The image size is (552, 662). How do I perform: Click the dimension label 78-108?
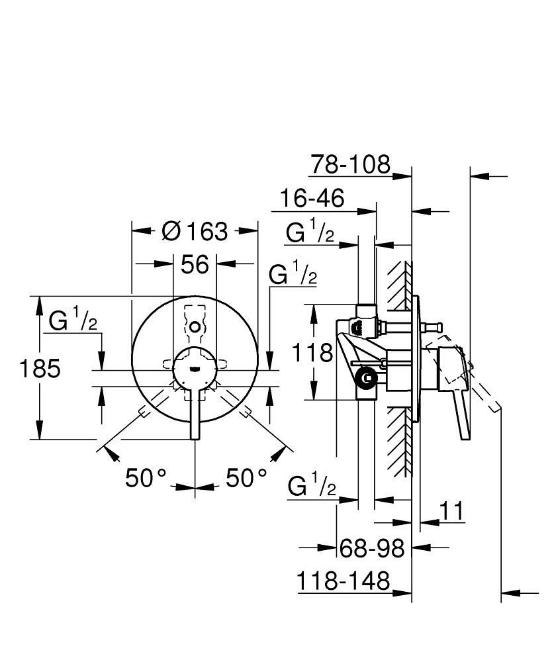pyautogui.click(x=351, y=164)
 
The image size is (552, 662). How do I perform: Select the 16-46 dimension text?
pyautogui.click(x=312, y=199)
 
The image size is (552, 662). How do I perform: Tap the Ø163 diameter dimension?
pyautogui.click(x=195, y=231)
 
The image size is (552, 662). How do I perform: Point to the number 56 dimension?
pyautogui.click(x=195, y=264)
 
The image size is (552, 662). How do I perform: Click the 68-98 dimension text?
pyautogui.click(x=372, y=547)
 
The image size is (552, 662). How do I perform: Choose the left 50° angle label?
pyautogui.click(x=146, y=477)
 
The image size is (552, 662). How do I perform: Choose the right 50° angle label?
pyautogui.click(x=247, y=477)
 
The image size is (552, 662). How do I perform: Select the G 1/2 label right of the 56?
pyautogui.click(x=292, y=275)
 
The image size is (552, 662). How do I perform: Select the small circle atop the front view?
pyautogui.click(x=195, y=326)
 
